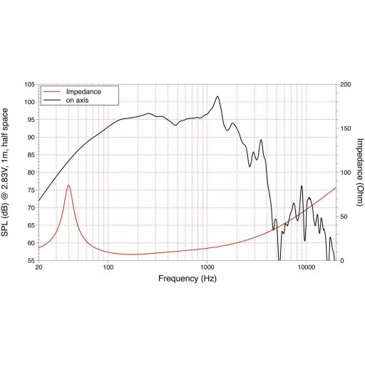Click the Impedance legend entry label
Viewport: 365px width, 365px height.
click(83, 92)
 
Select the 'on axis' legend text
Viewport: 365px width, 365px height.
click(77, 101)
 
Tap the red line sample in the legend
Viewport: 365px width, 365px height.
click(52, 91)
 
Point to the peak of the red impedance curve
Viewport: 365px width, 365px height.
click(68, 185)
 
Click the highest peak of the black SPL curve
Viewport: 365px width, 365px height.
click(217, 96)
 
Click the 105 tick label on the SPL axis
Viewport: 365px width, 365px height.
click(30, 84)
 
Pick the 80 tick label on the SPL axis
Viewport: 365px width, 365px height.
click(31, 173)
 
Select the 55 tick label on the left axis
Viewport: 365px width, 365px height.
click(31, 261)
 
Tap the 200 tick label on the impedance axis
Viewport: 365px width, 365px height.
click(346, 84)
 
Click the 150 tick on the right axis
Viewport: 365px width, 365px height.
click(346, 128)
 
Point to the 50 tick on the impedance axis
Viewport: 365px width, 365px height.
click(344, 217)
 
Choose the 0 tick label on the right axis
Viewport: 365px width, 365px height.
click(342, 261)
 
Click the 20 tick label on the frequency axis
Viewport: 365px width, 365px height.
click(38, 267)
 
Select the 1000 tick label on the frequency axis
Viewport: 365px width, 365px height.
click(207, 267)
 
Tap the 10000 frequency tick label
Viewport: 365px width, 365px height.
click(307, 267)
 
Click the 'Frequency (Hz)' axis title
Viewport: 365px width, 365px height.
click(187, 279)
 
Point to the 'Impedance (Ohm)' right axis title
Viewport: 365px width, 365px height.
click(360, 173)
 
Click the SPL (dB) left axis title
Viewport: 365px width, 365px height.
click(4, 173)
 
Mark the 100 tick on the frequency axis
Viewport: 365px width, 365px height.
click(108, 267)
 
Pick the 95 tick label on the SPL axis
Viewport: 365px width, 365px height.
click(31, 120)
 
